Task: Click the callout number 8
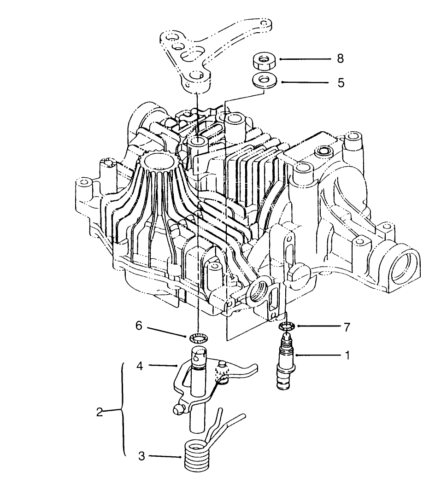pos(340,59)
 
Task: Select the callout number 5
pos(341,83)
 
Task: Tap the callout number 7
pos(347,327)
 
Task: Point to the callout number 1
pos(347,355)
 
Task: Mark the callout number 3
pos(141,456)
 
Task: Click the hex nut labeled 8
pos(264,60)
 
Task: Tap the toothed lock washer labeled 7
pos(287,327)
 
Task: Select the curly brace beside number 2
pos(123,410)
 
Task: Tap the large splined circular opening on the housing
pos(160,162)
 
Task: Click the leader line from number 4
pos(162,366)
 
